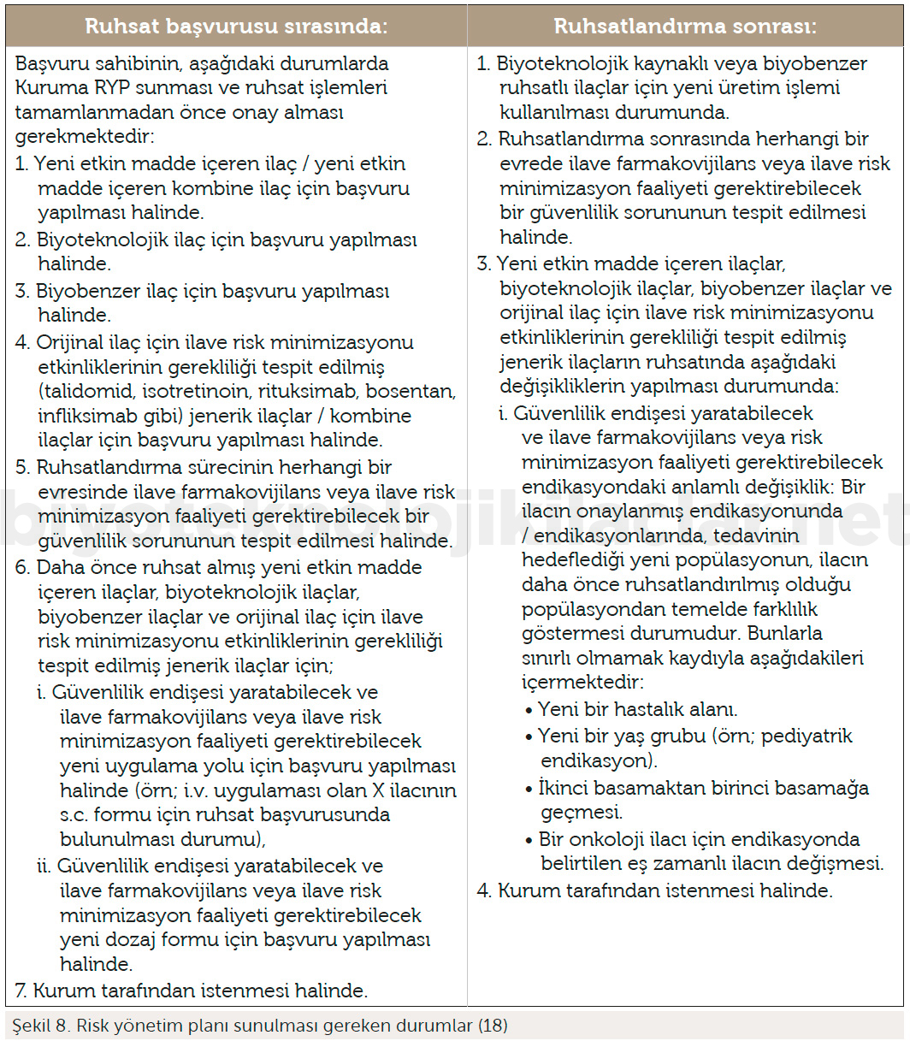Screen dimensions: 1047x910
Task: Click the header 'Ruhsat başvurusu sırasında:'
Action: (236, 26)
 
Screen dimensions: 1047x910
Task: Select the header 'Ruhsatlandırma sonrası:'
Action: (685, 26)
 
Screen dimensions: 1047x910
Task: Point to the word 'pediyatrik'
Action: (806, 736)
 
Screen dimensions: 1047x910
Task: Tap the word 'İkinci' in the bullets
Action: (564, 787)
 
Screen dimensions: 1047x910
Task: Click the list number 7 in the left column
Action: (21, 991)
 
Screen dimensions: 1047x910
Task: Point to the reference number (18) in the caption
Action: (493, 1026)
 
